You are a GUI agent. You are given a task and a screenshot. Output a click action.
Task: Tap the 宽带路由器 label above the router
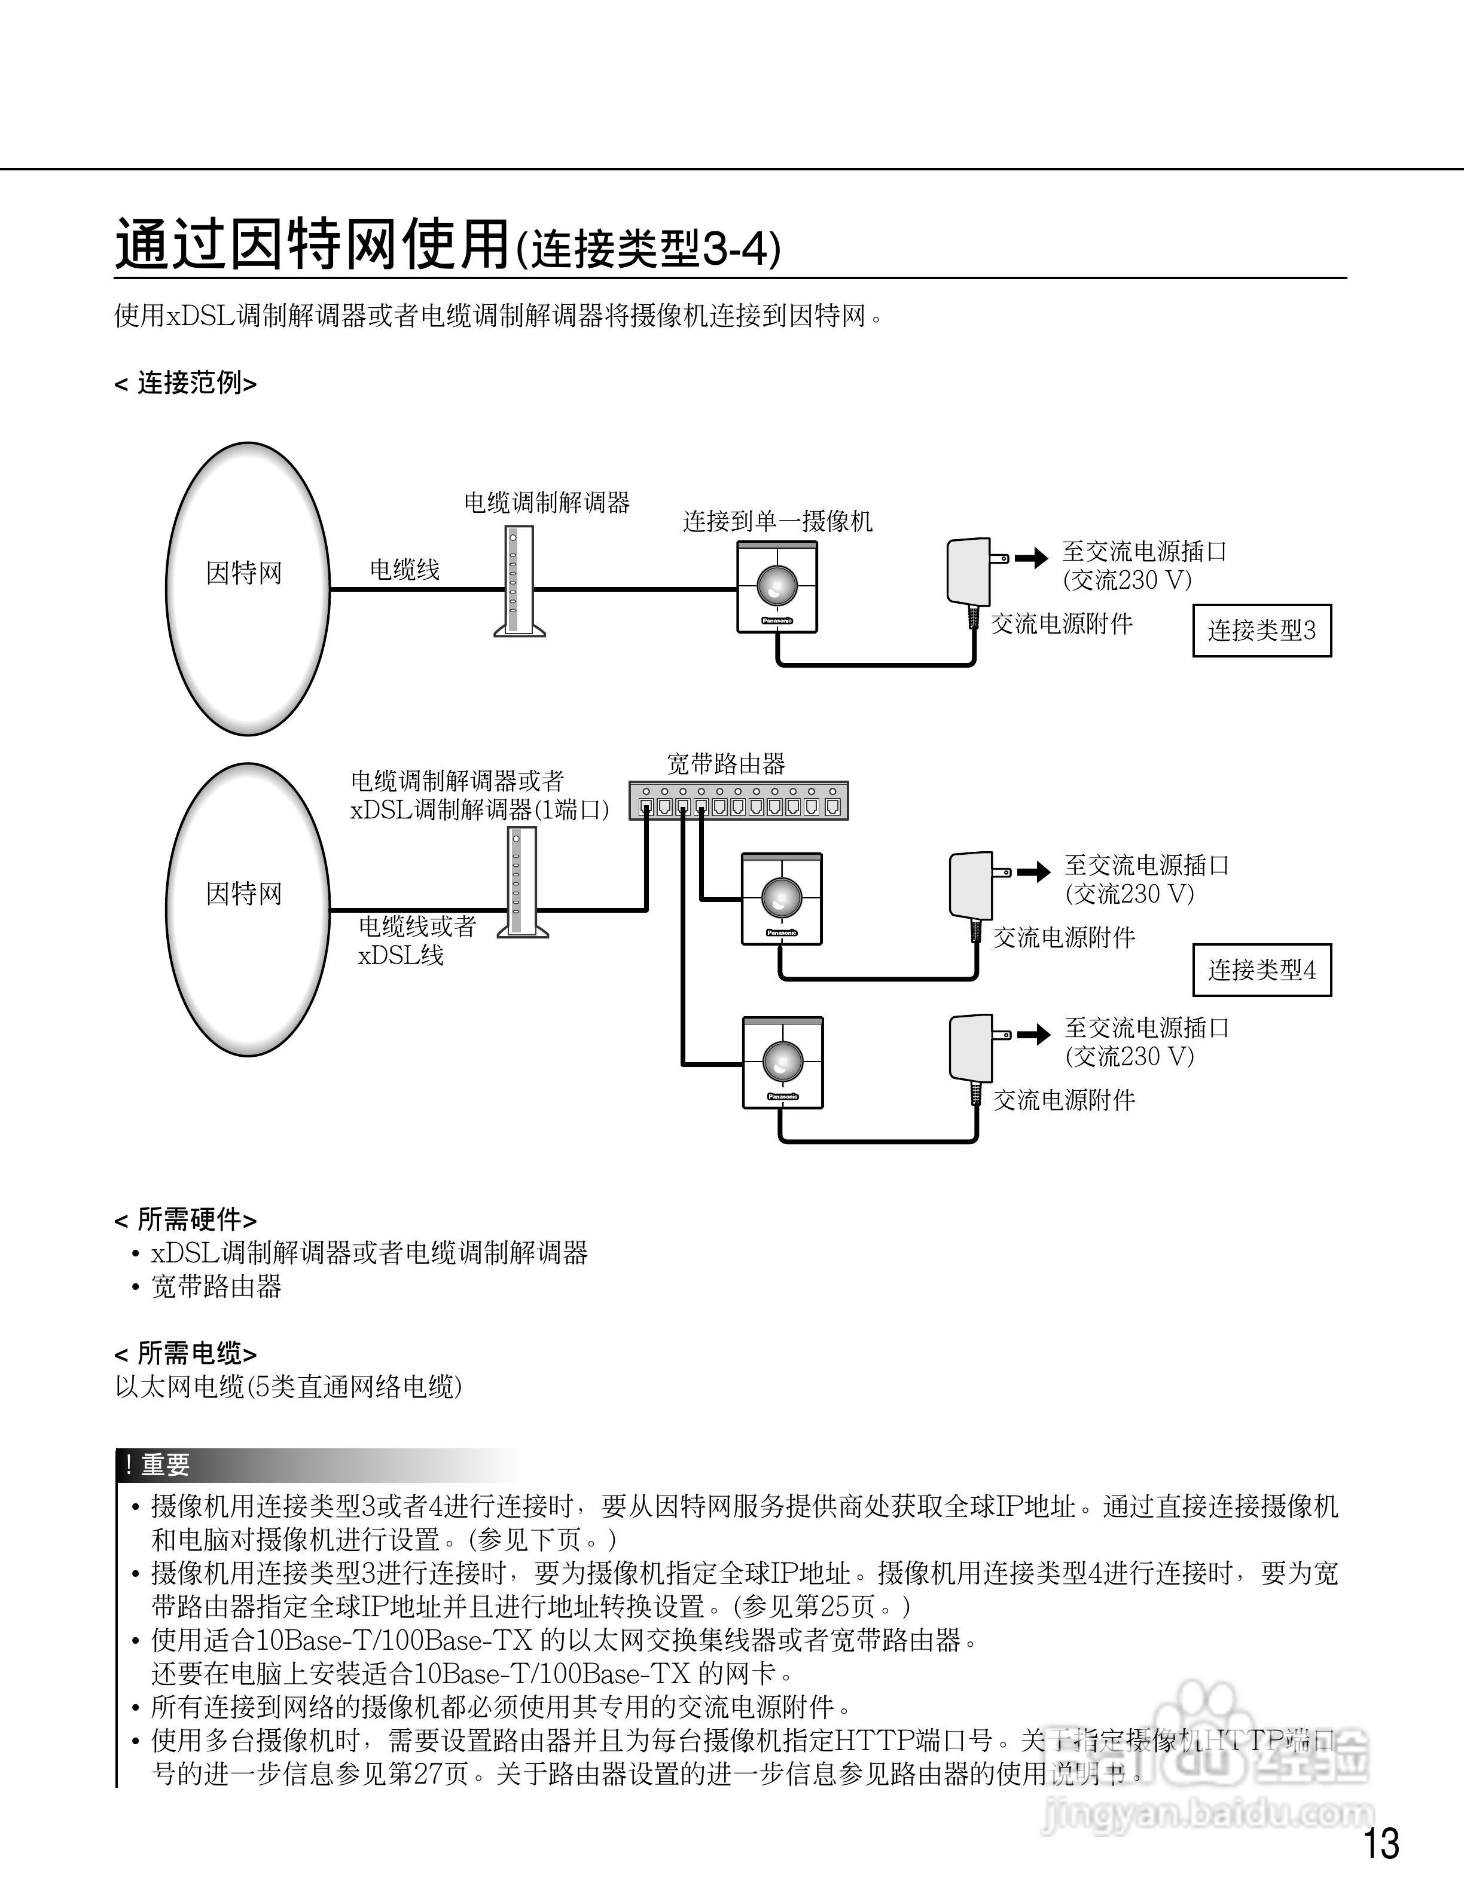(726, 764)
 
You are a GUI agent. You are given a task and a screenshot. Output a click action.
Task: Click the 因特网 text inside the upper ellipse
(244, 573)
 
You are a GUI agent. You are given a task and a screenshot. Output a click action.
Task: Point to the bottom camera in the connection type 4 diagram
(782, 1063)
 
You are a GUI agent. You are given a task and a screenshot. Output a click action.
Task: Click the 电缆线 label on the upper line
(405, 570)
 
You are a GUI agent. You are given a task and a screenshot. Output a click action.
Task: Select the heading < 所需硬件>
(185, 1220)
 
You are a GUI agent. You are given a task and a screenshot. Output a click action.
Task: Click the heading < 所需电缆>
(185, 1353)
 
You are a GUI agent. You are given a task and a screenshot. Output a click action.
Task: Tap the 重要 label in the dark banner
(165, 1466)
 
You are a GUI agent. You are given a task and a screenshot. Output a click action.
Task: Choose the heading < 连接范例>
(185, 383)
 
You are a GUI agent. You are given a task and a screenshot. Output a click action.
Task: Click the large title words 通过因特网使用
(313, 246)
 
